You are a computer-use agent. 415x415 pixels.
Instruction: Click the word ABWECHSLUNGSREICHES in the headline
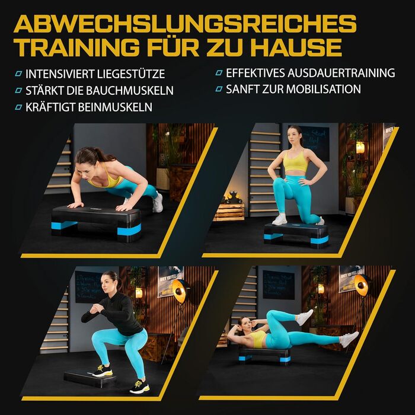[x=185, y=24]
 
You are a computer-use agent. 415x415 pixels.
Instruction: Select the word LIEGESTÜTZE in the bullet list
[x=131, y=74]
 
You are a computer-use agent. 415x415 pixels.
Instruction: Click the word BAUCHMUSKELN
[x=130, y=91]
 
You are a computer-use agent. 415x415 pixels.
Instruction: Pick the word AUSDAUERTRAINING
[x=341, y=73]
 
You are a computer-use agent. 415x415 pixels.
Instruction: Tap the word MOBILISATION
[x=324, y=89]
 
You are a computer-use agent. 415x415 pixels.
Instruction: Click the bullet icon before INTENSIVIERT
[x=18, y=74]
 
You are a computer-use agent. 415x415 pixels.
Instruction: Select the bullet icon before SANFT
[x=219, y=89]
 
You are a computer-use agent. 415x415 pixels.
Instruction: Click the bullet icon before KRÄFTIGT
[x=18, y=107]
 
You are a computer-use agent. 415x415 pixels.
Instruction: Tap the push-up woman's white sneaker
[x=158, y=203]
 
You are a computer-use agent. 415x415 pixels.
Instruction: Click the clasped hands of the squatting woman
[x=95, y=308]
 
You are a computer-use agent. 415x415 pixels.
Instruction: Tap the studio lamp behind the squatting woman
[x=180, y=288]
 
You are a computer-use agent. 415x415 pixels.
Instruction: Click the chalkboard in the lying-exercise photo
[x=278, y=285]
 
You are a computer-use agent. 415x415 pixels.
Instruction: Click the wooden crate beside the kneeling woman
[x=229, y=211]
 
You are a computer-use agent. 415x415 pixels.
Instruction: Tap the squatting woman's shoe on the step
[x=102, y=371]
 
